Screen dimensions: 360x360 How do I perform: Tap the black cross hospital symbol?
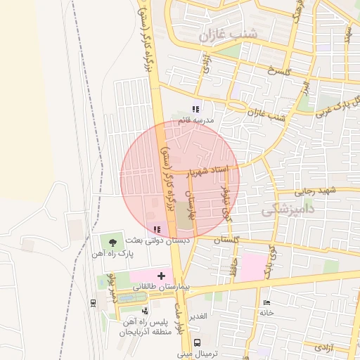(162, 276)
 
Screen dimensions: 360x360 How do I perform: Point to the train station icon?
(94, 302)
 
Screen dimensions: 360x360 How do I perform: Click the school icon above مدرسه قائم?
(196, 109)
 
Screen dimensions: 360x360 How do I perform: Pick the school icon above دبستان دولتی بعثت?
(156, 229)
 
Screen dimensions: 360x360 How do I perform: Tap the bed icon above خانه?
(266, 302)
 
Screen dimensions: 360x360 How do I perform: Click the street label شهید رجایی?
(316, 191)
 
